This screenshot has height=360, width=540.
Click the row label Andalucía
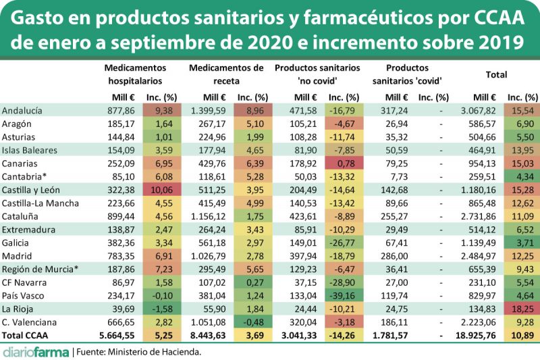pos(24,110)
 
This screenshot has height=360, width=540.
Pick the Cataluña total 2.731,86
pos(476,216)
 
